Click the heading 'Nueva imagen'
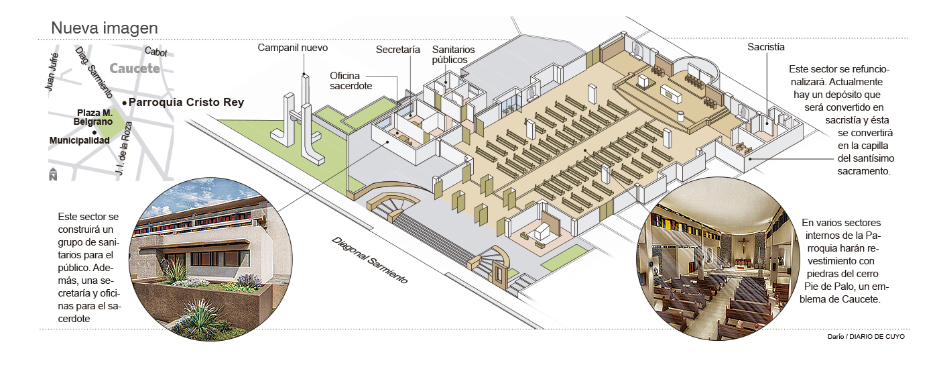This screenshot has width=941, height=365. click(x=105, y=28)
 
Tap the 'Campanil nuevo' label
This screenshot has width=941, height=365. click(x=293, y=48)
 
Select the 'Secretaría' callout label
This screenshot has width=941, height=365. click(x=397, y=50)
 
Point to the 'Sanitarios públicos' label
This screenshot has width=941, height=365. click(x=454, y=55)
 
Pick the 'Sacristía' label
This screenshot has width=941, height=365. click(x=766, y=48)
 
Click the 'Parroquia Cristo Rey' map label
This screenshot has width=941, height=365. click(x=186, y=103)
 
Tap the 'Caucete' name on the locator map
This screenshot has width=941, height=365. click(x=134, y=68)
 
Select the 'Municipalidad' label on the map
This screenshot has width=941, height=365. click(x=79, y=140)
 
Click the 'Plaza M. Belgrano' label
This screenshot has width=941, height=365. click(x=93, y=118)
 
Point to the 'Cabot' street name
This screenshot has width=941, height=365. click(x=155, y=52)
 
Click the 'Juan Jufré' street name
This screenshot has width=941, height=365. click(x=52, y=71)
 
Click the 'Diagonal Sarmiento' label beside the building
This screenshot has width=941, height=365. click(x=369, y=260)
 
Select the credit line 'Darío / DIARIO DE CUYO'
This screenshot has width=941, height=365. click(x=866, y=337)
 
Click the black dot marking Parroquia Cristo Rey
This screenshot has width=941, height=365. click(x=125, y=103)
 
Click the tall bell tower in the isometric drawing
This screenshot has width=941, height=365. click(x=306, y=121)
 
